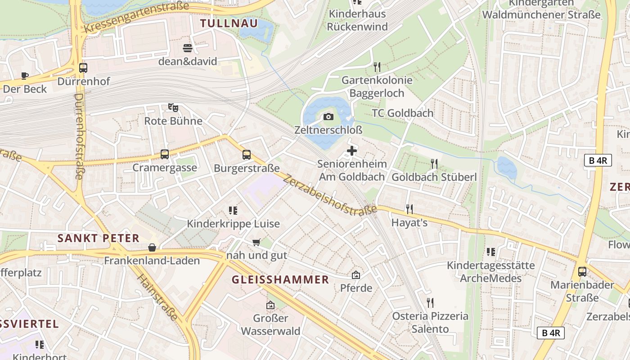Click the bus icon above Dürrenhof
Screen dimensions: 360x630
click(x=83, y=68)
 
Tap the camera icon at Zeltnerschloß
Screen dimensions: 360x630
click(x=328, y=117)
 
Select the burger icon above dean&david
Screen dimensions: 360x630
click(x=188, y=48)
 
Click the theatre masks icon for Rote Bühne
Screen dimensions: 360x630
click(x=173, y=108)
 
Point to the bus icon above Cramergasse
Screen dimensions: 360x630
click(x=165, y=154)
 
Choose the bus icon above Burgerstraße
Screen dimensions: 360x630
click(x=247, y=155)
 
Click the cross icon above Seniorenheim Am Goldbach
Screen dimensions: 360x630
click(x=352, y=151)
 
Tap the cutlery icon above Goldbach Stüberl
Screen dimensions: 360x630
click(x=434, y=163)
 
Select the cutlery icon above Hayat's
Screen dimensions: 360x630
click(x=409, y=209)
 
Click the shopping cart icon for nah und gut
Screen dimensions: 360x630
click(x=256, y=242)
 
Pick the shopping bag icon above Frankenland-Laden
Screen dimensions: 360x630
click(x=152, y=247)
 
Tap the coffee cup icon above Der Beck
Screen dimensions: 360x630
click(x=25, y=76)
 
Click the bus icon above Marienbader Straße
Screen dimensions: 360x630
click(x=582, y=271)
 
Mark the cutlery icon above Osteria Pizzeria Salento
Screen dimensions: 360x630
click(x=430, y=302)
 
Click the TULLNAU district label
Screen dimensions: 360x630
click(x=229, y=23)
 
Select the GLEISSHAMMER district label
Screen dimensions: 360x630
click(x=280, y=279)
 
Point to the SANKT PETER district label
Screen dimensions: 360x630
click(x=99, y=238)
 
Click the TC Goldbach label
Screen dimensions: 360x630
click(x=402, y=113)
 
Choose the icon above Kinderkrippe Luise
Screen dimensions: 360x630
click(x=233, y=210)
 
